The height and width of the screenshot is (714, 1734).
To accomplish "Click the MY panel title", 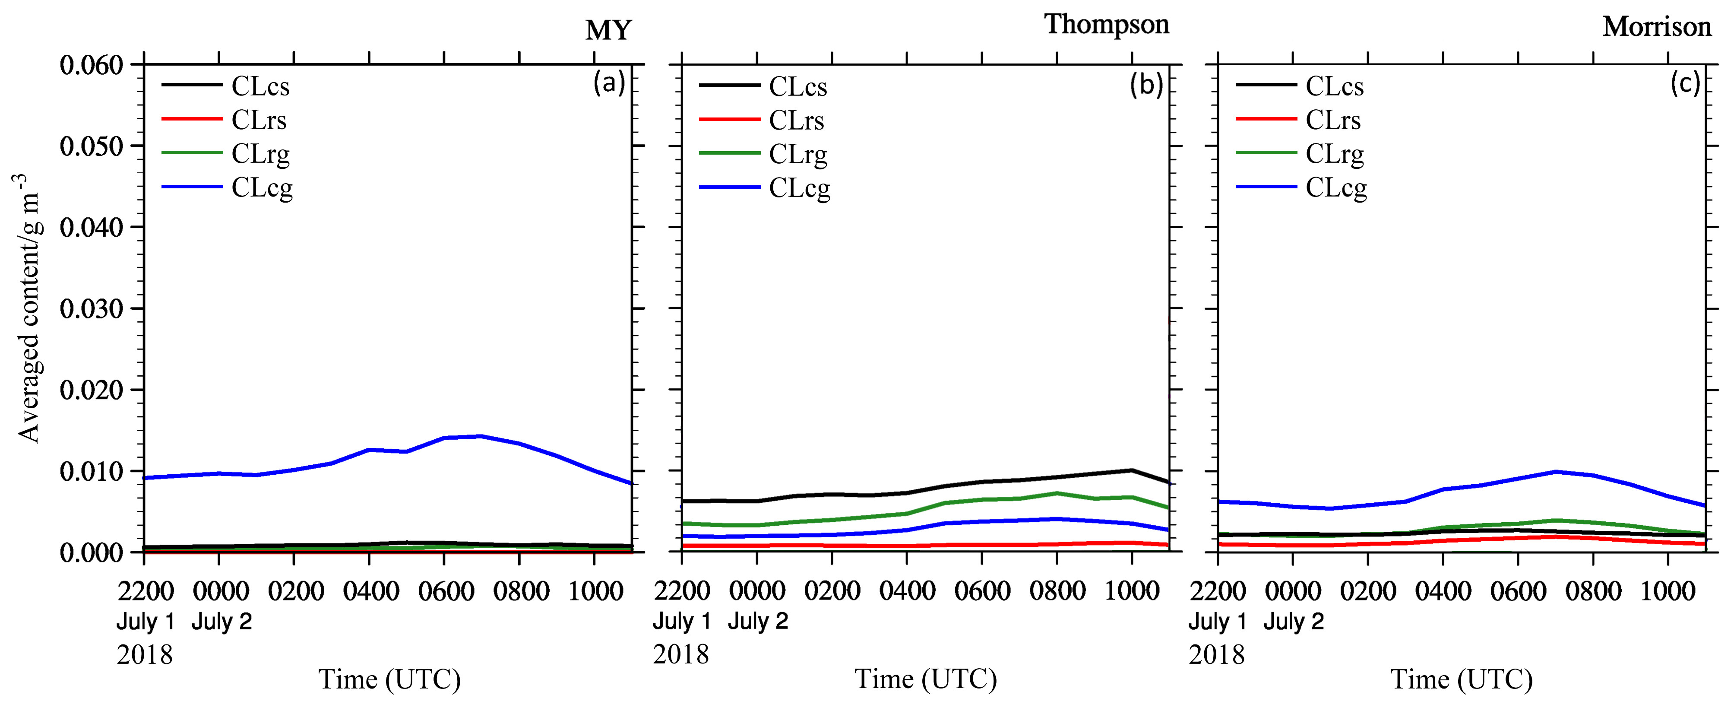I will [x=608, y=30].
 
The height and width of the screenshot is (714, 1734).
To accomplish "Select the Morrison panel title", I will [x=1657, y=27].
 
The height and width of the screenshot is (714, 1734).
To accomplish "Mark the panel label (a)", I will [x=609, y=83].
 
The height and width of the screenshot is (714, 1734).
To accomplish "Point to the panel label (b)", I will [x=1146, y=84].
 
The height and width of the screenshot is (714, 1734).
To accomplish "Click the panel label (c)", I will [x=1685, y=83].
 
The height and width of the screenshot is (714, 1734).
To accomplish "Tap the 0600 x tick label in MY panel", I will [x=445, y=591].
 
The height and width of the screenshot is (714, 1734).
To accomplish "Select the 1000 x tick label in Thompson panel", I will [x=1132, y=591].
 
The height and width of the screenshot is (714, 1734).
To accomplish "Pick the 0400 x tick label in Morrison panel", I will [x=1443, y=591].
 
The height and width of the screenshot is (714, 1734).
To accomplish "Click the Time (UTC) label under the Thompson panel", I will [x=926, y=679].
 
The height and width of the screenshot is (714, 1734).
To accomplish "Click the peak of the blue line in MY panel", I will [x=481, y=436].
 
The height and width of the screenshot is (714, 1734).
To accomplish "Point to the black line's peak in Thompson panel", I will [x=1132, y=470].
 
